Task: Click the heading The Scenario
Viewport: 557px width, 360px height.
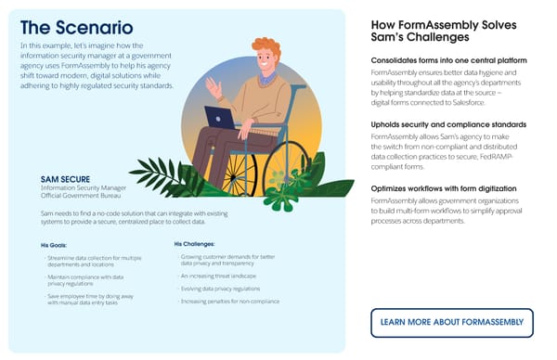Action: coord(76,29)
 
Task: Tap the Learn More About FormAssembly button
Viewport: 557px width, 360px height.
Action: coord(452,322)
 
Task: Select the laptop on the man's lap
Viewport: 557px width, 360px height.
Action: coord(220,118)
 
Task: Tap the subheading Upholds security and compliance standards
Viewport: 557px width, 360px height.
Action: coord(448,123)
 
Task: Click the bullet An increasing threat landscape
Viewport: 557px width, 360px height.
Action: coord(217,276)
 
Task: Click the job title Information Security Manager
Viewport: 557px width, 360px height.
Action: coord(85,187)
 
